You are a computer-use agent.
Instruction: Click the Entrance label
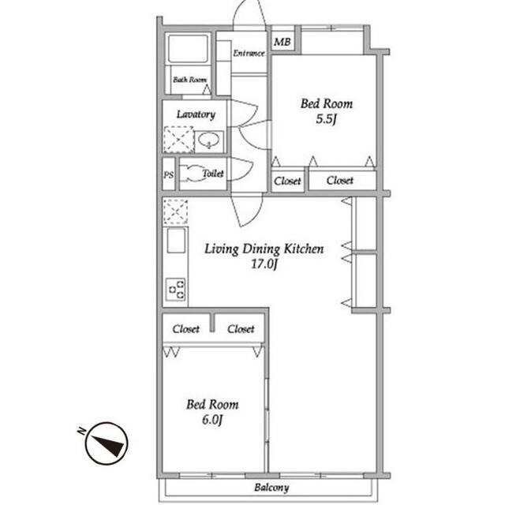[249, 54]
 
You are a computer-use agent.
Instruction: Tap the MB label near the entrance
[281, 41]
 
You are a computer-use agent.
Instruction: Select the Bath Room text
[189, 80]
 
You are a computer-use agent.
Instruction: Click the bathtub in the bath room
[189, 49]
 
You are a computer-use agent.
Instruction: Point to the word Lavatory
[195, 114]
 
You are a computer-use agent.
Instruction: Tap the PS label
[168, 175]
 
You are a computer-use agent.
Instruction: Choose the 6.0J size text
[212, 420]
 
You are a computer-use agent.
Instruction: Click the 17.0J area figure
[264, 264]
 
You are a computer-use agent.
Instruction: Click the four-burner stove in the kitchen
[175, 290]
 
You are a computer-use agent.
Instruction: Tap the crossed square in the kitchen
[175, 211]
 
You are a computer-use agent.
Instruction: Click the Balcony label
[271, 488]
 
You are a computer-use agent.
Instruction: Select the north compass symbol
[108, 444]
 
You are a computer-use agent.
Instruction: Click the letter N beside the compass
[81, 431]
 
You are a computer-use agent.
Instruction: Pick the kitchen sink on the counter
[175, 241]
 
